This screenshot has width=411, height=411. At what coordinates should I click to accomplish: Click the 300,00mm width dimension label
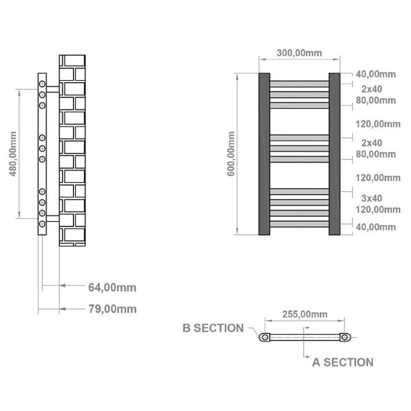click(x=299, y=53)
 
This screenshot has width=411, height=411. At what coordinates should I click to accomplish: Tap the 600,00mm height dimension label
click(x=231, y=154)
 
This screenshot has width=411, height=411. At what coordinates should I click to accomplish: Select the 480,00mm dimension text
click(x=13, y=154)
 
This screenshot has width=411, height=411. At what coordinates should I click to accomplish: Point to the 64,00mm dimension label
click(x=112, y=288)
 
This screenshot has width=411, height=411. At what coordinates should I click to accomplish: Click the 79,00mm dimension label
click(x=112, y=309)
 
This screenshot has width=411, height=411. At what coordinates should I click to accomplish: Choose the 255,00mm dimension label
click(x=305, y=314)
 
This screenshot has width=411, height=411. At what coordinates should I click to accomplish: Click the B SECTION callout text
click(x=213, y=328)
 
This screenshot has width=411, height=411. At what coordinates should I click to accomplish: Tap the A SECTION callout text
click(x=343, y=362)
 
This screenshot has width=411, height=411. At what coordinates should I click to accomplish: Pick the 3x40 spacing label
click(x=372, y=199)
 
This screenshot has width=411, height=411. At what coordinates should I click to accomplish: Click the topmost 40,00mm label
click(x=375, y=74)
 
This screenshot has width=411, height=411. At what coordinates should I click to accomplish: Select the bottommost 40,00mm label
click(x=375, y=227)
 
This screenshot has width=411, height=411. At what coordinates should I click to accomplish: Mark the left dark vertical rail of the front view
click(x=264, y=154)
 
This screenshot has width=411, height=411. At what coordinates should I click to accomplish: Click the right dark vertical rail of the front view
click(x=334, y=154)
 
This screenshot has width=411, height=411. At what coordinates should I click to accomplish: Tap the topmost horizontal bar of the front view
click(x=299, y=84)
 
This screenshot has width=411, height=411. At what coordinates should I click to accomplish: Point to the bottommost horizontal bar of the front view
click(x=299, y=224)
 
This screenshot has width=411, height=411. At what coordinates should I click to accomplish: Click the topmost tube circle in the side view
click(x=42, y=84)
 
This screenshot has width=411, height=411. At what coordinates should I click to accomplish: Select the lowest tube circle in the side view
click(x=42, y=224)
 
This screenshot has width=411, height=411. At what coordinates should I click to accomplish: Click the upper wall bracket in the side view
click(x=53, y=89)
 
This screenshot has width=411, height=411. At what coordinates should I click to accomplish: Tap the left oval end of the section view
click(x=264, y=337)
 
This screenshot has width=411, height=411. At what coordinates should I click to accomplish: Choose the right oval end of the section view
click(x=345, y=337)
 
